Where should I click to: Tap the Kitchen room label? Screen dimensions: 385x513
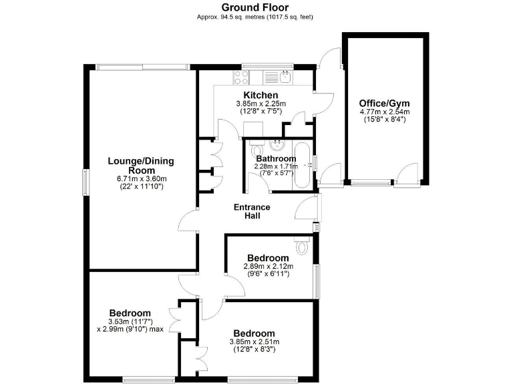[261, 95]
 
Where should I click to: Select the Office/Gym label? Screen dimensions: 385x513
[384, 103]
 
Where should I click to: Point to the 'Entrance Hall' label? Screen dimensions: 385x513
[252, 211]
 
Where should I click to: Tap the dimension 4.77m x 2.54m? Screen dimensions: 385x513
[384, 112]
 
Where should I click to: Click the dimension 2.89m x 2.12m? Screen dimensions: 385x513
[268, 266]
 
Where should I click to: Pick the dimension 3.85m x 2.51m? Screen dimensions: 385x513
[254, 342]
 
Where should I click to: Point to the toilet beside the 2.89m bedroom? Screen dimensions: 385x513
[301, 247]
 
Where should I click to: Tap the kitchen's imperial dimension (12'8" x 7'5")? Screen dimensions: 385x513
[261, 111]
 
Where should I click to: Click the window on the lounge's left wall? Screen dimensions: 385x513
[85, 182]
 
